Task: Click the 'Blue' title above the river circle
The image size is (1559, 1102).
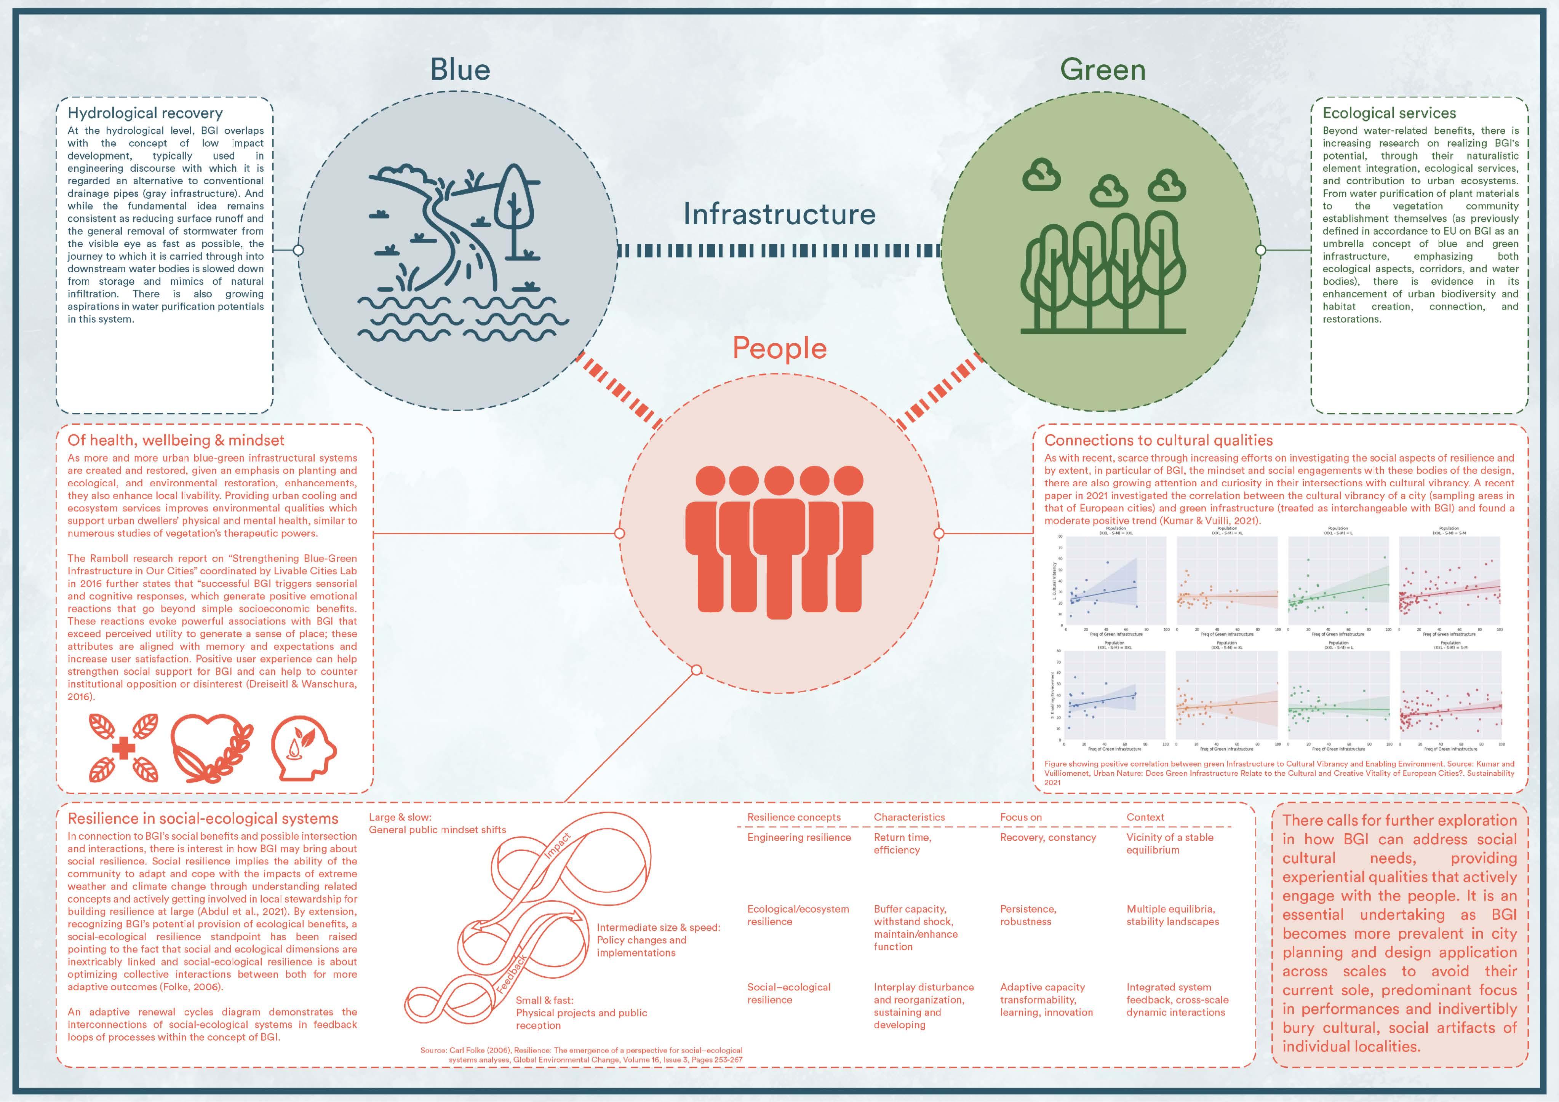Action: tap(460, 70)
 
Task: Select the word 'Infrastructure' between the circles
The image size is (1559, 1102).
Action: tap(779, 214)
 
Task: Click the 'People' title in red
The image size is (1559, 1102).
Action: tap(779, 348)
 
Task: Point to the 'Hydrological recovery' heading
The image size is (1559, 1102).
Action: tap(145, 113)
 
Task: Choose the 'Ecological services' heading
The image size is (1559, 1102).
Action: tap(1389, 113)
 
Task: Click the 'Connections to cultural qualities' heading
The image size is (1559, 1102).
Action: tap(1158, 440)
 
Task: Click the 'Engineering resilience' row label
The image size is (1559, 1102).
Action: tap(798, 837)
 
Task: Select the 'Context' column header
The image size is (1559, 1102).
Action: tap(1145, 818)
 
